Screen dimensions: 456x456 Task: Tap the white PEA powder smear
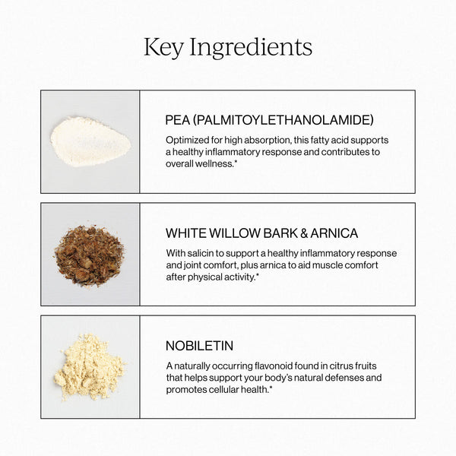click(x=90, y=142)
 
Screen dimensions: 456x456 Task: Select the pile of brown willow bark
click(x=89, y=255)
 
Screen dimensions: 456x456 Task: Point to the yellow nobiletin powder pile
click(x=89, y=366)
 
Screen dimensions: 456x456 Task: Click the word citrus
click(x=359, y=366)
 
